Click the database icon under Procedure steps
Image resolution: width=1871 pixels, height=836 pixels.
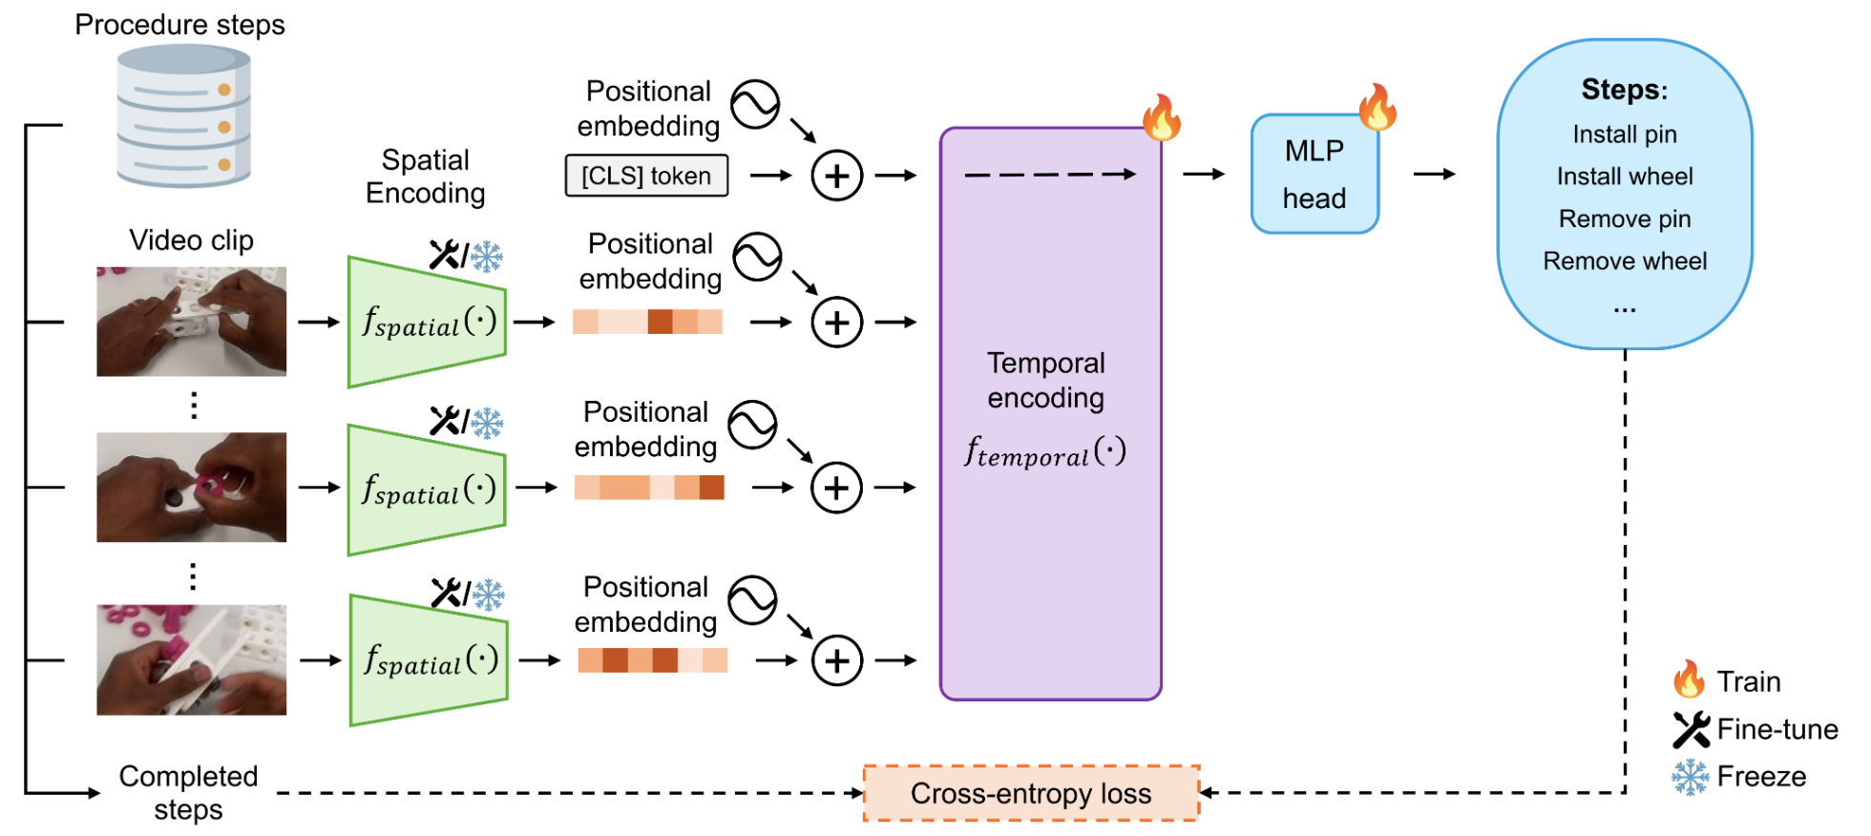[183, 116]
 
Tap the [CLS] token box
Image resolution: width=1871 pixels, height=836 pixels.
[646, 176]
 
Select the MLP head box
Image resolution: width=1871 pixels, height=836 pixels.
[1314, 174]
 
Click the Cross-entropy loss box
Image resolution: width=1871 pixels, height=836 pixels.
[1031, 793]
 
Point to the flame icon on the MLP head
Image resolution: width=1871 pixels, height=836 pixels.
[1377, 107]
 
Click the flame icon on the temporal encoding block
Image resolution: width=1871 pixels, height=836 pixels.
[1162, 118]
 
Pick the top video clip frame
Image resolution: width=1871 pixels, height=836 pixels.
[191, 322]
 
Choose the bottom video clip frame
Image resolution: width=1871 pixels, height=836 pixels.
[191, 659]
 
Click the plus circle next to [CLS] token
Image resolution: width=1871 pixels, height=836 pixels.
[836, 176]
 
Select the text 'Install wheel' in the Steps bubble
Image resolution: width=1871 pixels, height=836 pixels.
[1625, 177]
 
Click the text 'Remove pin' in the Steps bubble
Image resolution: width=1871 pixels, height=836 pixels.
[1625, 219]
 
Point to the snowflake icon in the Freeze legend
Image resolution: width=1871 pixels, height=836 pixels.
[1690, 777]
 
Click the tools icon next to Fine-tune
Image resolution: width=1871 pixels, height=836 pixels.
[1691, 730]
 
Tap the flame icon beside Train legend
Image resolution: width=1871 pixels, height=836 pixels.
[1689, 679]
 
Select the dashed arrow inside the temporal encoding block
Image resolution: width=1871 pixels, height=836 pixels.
[1050, 175]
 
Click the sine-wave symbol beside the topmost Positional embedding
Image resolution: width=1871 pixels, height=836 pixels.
[755, 104]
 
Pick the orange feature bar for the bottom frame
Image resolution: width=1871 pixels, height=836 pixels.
[652, 660]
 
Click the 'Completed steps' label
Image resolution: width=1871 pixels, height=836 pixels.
[188, 792]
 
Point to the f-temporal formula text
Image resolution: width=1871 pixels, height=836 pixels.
[1045, 451]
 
